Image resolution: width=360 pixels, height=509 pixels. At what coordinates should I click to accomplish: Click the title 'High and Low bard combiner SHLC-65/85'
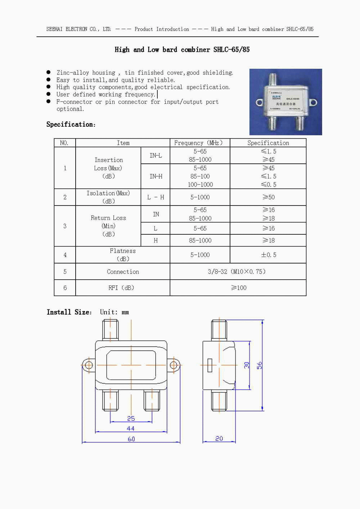click(182, 50)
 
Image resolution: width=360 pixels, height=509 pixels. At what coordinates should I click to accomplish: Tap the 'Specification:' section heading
click(71, 125)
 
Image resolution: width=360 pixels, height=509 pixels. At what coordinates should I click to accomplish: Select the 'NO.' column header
click(64, 143)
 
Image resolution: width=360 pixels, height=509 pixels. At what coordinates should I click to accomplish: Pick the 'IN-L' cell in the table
click(156, 156)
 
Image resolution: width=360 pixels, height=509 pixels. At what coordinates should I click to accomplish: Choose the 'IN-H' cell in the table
click(156, 176)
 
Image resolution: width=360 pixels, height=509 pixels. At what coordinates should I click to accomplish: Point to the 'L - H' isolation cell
click(156, 197)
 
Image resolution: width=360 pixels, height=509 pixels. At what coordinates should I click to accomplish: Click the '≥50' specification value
click(268, 197)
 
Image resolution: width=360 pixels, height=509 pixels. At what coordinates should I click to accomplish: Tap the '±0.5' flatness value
click(268, 255)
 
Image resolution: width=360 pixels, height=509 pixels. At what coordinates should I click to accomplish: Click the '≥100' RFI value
click(239, 288)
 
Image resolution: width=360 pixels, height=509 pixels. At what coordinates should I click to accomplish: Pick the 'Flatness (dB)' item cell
click(123, 255)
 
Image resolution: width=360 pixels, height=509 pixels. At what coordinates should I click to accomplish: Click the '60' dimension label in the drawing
click(131, 439)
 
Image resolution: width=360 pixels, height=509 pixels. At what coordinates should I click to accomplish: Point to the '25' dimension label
click(131, 418)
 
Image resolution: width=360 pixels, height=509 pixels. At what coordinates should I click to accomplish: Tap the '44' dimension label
click(131, 428)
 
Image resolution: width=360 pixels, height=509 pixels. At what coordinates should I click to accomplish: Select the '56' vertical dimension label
click(259, 365)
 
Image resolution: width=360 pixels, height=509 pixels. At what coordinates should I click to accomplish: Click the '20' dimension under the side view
click(219, 438)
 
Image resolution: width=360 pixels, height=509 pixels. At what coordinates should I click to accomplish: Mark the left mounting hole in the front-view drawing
click(88, 366)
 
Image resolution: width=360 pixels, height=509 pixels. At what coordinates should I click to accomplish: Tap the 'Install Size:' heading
click(69, 312)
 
